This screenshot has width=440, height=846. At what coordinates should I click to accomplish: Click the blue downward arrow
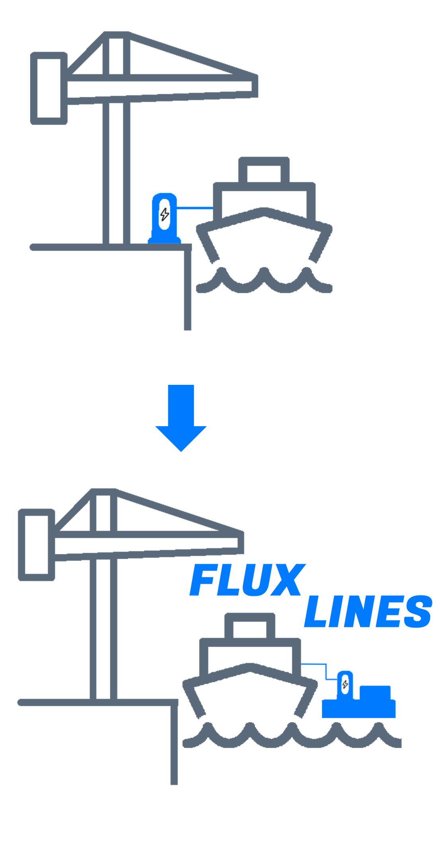click(181, 417)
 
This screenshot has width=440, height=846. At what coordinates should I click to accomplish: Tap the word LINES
click(368, 612)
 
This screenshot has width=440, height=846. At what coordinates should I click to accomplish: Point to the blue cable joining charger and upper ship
click(195, 208)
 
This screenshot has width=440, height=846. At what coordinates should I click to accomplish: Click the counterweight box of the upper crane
click(49, 88)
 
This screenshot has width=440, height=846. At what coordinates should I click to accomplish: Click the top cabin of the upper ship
click(264, 171)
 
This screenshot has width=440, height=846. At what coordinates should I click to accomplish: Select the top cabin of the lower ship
click(250, 627)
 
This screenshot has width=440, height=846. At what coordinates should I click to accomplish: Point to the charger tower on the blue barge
click(345, 684)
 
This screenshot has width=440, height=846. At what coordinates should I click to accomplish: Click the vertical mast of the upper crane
click(116, 171)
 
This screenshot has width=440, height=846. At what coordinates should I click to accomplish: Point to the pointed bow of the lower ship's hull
click(250, 669)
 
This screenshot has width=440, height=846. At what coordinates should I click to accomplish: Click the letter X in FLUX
click(285, 580)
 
